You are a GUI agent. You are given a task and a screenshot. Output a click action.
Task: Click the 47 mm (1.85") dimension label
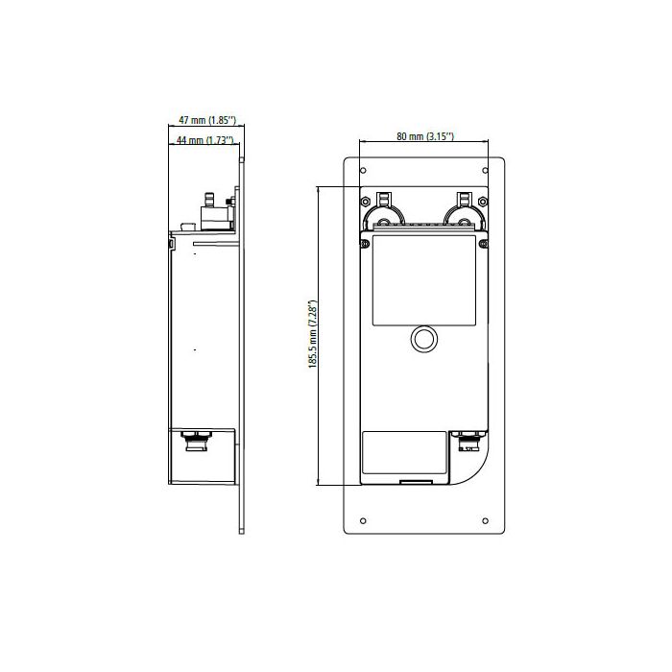click(x=207, y=120)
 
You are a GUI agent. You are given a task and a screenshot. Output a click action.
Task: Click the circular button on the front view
click(x=423, y=339)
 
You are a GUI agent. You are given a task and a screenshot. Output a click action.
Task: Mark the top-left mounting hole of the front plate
click(x=361, y=171)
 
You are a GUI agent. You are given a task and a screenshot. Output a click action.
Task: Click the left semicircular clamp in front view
click(x=385, y=217)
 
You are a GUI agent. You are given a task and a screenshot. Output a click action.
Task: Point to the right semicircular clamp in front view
click(x=462, y=217)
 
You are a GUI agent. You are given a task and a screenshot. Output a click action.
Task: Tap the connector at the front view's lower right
click(x=470, y=442)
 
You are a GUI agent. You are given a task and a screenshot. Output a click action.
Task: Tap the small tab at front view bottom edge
click(x=415, y=480)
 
